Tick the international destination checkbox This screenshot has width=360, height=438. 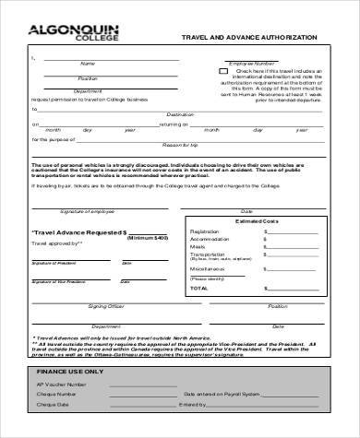tap(222, 71)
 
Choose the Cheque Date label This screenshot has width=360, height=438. tap(50, 405)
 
